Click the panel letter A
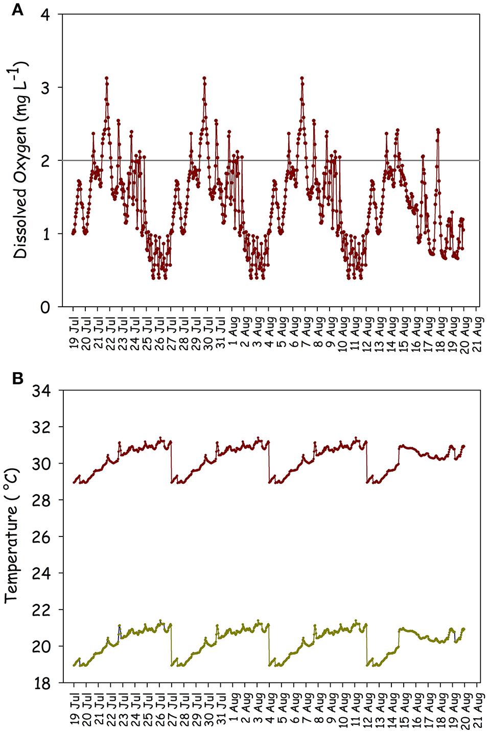[17, 9]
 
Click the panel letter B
[17, 379]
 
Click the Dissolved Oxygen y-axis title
[20, 160]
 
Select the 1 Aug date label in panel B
[232, 708]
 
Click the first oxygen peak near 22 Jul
[106, 78]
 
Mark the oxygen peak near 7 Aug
[302, 78]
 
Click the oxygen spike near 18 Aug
[438, 130]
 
